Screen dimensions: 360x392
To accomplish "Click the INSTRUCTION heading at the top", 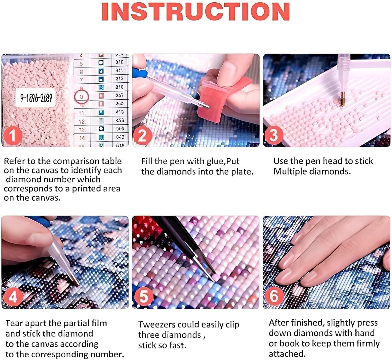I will (196, 12).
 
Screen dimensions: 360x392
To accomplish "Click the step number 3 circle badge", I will (273, 135).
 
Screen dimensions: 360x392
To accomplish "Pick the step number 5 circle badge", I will (143, 297).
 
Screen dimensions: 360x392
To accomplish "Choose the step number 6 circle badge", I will (274, 296).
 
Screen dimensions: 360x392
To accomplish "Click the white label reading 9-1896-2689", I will (36, 98).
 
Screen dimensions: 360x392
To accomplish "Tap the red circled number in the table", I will (82, 97).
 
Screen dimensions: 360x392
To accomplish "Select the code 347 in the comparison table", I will (119, 95).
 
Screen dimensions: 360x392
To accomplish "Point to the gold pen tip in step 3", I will (342, 100).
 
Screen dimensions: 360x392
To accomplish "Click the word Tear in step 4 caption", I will (14, 323).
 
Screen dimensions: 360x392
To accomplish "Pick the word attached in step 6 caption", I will (287, 354).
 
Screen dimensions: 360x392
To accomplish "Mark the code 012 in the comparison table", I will (119, 79).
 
